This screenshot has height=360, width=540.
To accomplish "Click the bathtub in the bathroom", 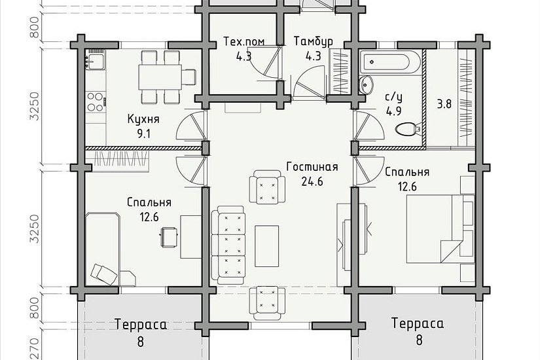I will coord(386,63).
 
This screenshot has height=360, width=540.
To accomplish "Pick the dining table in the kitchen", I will coord(160,77).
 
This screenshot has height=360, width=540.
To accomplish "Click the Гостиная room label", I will coord(312,166).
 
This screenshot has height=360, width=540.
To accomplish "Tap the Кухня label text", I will coord(143,120).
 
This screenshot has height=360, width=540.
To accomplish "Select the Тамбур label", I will coord(313,41).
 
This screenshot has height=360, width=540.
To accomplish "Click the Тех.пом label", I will coord(244,41).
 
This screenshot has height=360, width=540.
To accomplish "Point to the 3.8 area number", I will coord(444,103).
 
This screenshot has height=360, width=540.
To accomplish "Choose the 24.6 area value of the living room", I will coord(312,181).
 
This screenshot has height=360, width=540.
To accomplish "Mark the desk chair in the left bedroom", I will coord(170,236).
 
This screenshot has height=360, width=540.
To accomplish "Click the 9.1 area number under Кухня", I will coord(143,135).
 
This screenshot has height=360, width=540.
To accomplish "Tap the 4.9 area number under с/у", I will coord(393,111).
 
